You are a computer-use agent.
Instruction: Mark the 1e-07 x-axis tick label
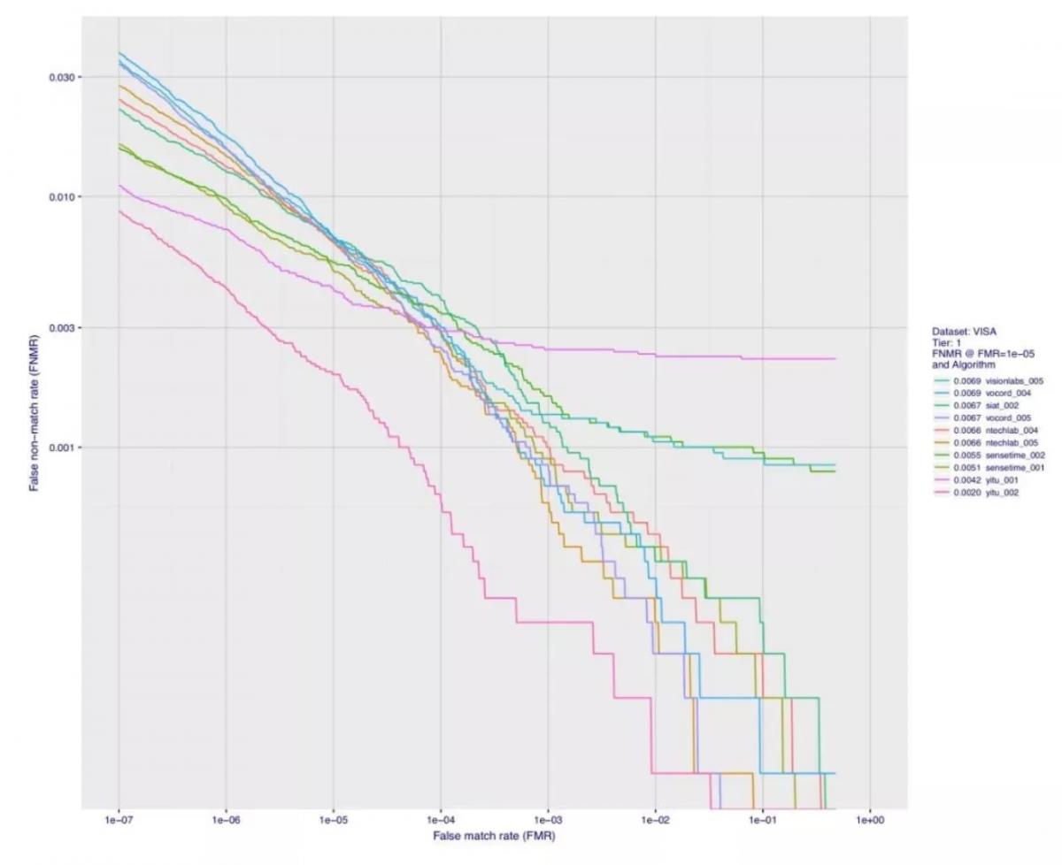coord(119,820)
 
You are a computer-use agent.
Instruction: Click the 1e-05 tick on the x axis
coord(334,820)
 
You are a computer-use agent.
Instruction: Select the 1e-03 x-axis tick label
coord(549,820)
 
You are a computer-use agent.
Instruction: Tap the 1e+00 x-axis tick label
coord(870,820)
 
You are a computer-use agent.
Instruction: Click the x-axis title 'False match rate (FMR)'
coord(494,835)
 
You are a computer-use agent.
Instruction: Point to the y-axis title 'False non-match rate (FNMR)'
coord(34,412)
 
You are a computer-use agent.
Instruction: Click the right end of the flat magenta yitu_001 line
coord(835,359)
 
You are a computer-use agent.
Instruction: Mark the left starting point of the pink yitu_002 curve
coord(119,211)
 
